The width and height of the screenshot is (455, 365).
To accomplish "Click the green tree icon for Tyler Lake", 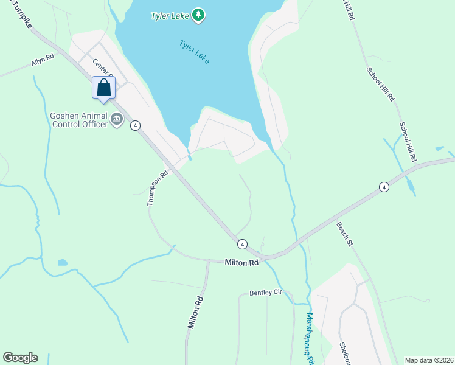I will pyautogui.click(x=198, y=15).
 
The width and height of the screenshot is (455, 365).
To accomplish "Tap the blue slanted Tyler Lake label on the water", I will pyautogui.click(x=194, y=52).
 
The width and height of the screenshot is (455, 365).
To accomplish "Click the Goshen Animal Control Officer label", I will pyautogui.click(x=79, y=120).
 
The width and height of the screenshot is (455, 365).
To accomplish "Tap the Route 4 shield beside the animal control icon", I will pyautogui.click(x=135, y=125).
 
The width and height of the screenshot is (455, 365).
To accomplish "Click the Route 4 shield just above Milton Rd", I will pyautogui.click(x=242, y=244).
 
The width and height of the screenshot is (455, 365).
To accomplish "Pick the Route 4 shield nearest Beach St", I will pyautogui.click(x=383, y=187).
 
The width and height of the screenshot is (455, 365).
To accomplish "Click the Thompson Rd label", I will pyautogui.click(x=158, y=188).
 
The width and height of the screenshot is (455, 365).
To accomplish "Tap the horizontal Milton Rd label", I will pyautogui.click(x=241, y=263).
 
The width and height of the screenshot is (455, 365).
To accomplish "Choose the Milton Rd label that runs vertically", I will pyautogui.click(x=195, y=313).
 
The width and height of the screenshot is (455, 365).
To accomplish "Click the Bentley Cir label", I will pyautogui.click(x=266, y=293).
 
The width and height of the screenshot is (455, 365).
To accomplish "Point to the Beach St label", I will pyautogui.click(x=345, y=234).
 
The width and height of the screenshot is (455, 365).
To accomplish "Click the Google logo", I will pyautogui.click(x=20, y=358).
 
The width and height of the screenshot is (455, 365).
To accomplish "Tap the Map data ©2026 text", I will pyautogui.click(x=428, y=360).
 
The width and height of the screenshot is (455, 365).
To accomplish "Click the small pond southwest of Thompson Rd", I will pyautogui.click(x=62, y=263).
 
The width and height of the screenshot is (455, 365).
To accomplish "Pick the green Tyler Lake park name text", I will pyautogui.click(x=170, y=15).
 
